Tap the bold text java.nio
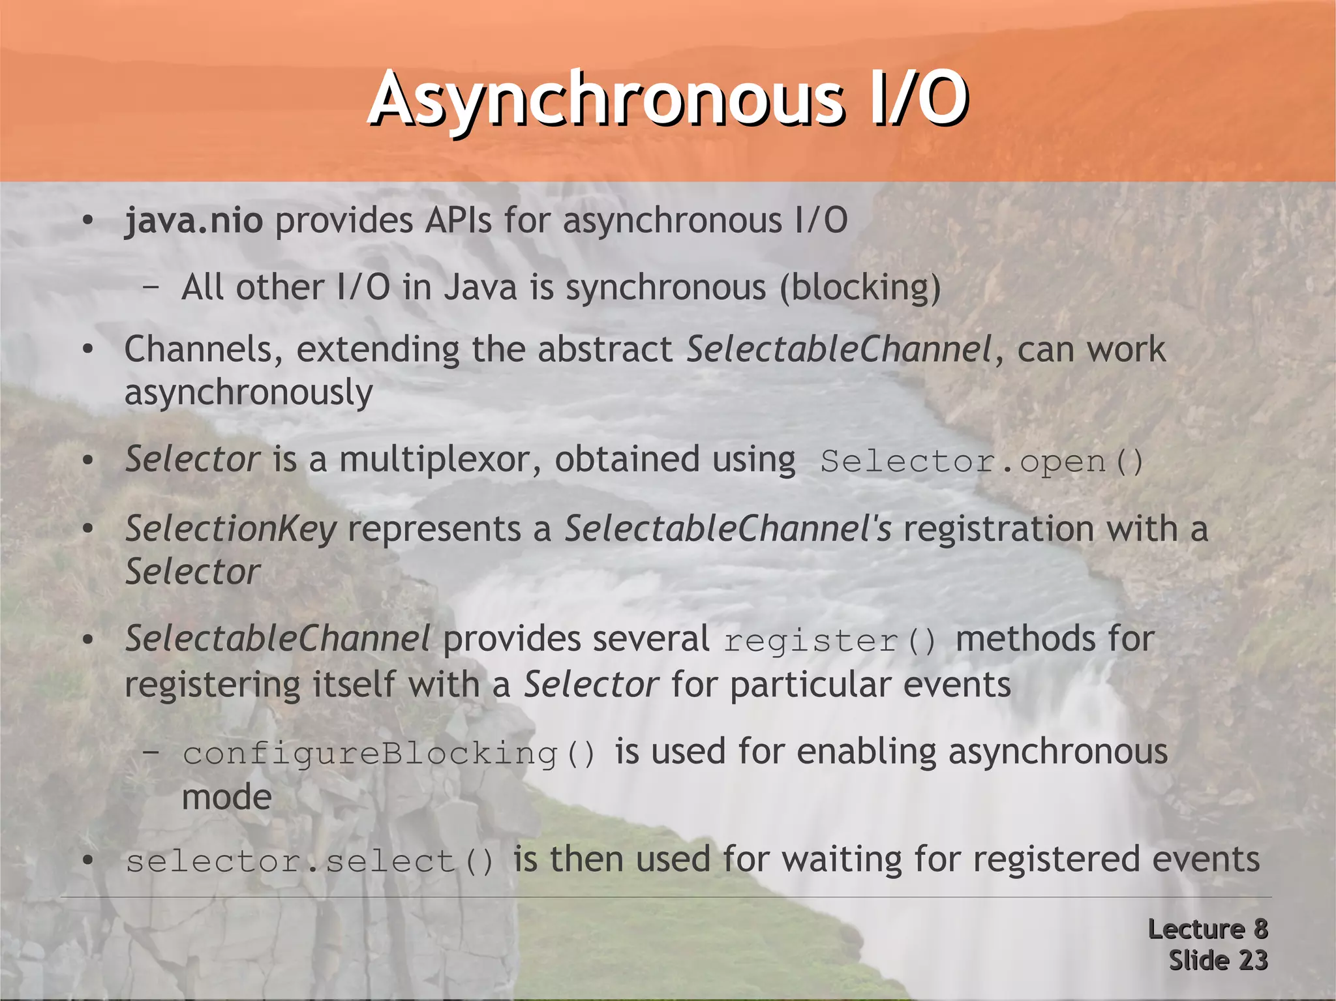194,220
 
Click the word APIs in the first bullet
458,220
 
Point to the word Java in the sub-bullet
480,288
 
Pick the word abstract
605,350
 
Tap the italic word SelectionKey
230,529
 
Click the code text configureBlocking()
389,754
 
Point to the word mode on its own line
226,798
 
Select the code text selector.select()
310,861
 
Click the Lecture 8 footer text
1207,929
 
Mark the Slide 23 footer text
1217,961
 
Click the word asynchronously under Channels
249,393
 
